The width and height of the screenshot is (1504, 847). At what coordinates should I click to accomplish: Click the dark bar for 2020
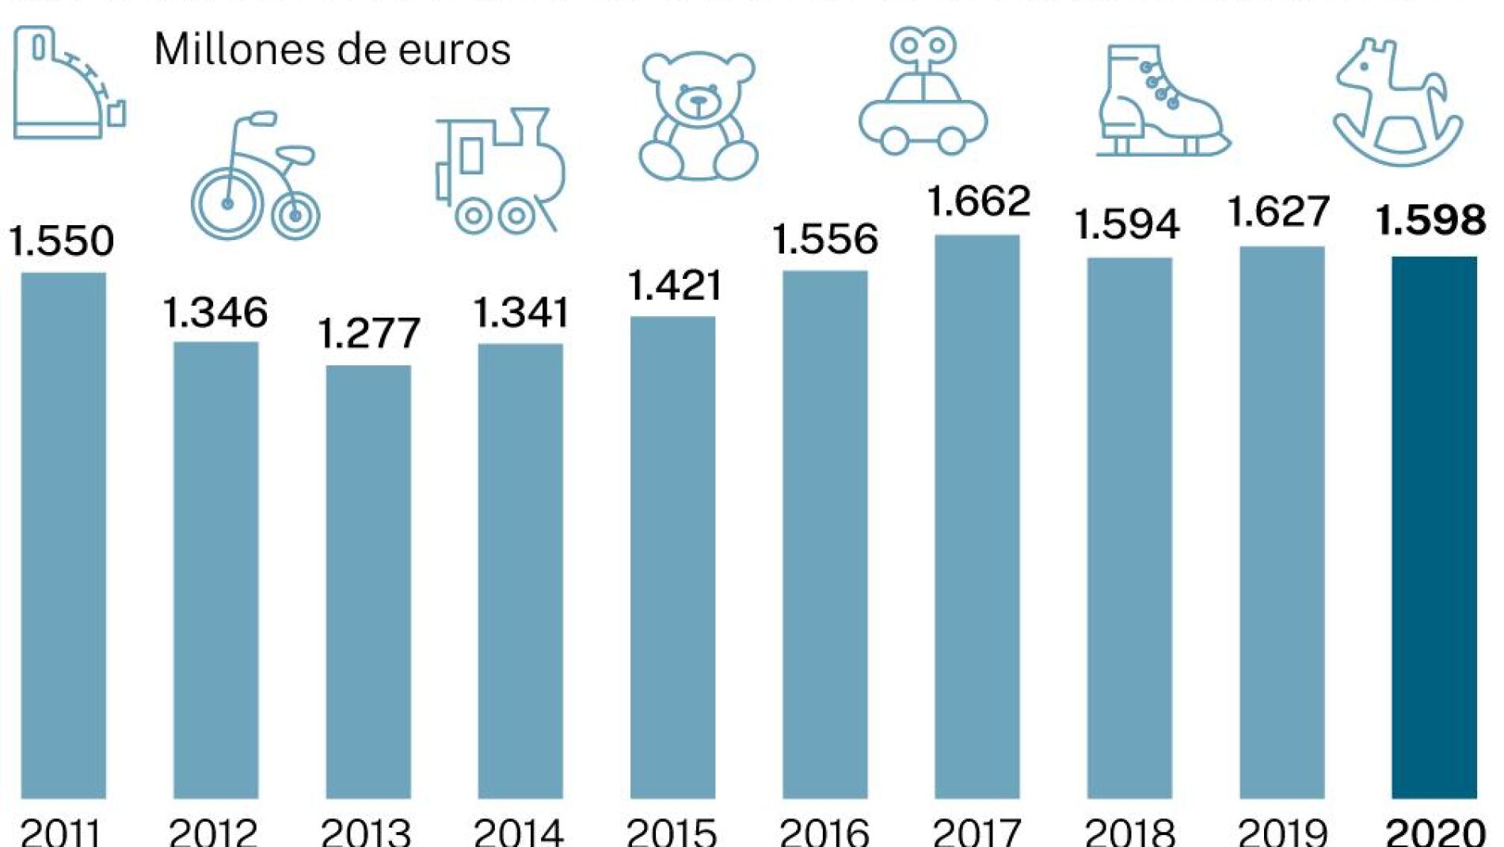click(1434, 527)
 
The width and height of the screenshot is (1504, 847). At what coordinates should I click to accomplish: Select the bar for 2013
click(368, 582)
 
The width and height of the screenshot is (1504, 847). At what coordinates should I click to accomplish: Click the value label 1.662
click(979, 201)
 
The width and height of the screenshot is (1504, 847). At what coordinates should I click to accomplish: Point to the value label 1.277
click(368, 334)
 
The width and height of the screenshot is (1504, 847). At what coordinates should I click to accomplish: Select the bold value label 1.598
click(1430, 220)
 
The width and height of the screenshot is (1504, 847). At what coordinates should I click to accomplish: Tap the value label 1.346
click(215, 313)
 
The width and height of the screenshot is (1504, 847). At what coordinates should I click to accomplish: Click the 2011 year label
click(61, 832)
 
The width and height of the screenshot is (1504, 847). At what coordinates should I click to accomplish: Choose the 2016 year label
click(824, 832)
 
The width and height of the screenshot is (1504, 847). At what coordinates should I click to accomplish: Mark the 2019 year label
click(1282, 832)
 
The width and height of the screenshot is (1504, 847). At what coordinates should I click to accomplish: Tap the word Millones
click(238, 49)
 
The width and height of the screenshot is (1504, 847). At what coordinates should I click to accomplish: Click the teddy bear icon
click(698, 116)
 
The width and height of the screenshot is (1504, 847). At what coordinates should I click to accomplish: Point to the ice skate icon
click(1159, 101)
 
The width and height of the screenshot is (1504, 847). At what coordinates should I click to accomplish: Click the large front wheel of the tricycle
click(227, 204)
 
